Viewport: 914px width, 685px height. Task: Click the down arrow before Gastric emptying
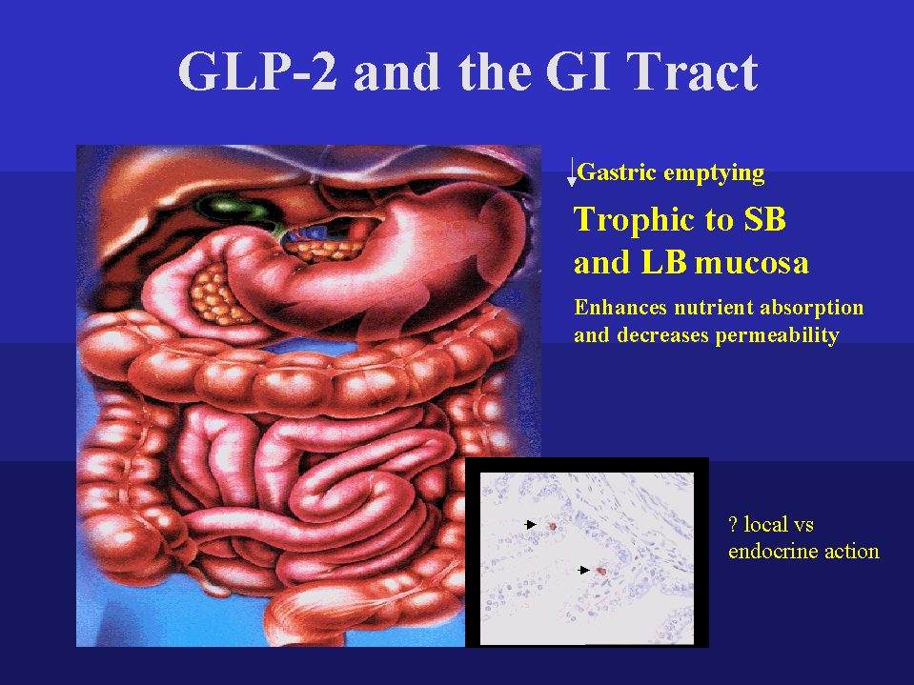coord(572,172)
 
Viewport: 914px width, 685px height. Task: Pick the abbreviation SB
coord(763,220)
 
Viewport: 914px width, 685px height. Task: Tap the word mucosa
coord(752,263)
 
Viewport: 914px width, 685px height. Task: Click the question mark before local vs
coord(732,524)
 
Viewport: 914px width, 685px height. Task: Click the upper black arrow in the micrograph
coord(531,524)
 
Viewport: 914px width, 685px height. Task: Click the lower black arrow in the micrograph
coord(584,570)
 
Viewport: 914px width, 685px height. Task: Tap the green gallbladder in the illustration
coord(224,206)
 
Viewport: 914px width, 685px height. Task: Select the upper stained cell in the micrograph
coord(552,525)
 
